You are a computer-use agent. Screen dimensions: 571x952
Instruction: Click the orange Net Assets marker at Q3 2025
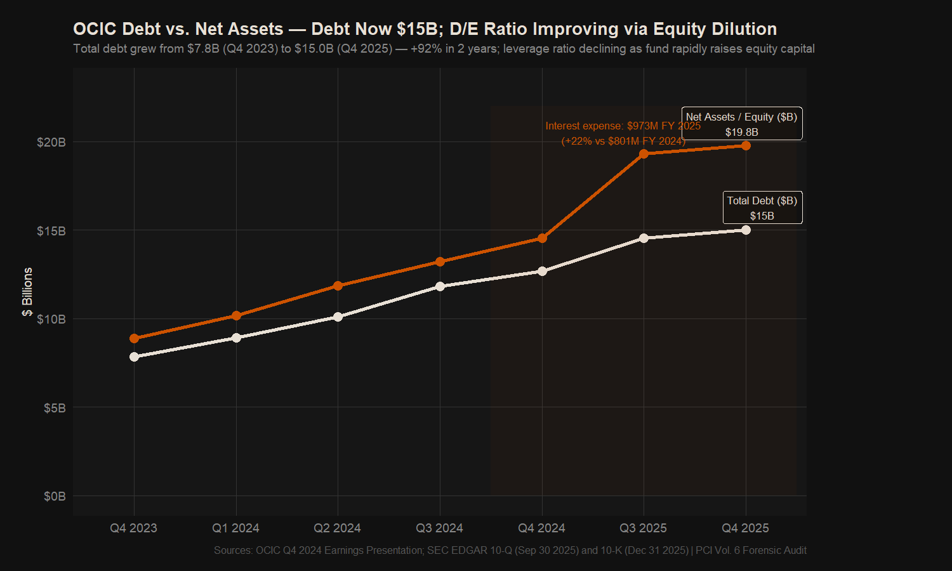tap(644, 154)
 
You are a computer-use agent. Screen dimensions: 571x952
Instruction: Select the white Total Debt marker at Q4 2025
tap(746, 230)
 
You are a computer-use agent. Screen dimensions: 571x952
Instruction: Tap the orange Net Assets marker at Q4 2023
tap(134, 338)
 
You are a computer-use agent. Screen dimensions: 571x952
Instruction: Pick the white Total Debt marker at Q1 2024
tap(236, 338)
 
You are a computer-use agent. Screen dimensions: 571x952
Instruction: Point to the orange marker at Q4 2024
tap(542, 238)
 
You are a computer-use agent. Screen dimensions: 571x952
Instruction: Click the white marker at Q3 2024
tap(440, 286)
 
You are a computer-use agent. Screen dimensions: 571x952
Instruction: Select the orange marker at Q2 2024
tap(338, 285)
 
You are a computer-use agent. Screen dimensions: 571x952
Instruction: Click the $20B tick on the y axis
tap(51, 142)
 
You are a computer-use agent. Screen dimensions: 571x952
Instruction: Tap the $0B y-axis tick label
tap(55, 496)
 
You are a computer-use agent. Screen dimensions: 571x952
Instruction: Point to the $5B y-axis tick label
tap(55, 408)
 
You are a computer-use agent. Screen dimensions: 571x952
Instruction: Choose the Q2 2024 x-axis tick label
tap(337, 528)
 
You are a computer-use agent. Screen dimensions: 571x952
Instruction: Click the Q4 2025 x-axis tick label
tap(745, 528)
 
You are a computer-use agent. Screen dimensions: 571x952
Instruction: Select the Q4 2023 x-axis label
tap(133, 528)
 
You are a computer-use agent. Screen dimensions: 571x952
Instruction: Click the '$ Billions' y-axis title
tap(27, 292)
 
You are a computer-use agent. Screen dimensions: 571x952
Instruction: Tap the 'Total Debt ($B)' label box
tap(762, 207)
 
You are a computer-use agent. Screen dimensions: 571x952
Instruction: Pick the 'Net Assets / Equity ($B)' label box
tap(741, 124)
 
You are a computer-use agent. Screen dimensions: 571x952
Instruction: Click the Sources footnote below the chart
tap(510, 550)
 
